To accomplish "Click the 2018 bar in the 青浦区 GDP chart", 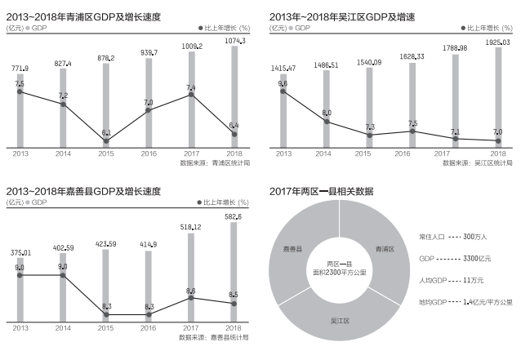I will point(234,98).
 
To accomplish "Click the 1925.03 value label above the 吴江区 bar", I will point(497,40).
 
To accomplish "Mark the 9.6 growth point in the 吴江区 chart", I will point(283,91).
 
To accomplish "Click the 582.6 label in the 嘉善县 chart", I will point(234,217).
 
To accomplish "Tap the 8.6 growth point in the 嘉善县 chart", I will point(191,298).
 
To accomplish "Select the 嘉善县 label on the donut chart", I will point(292,249).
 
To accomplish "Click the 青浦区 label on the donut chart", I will point(384,249).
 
